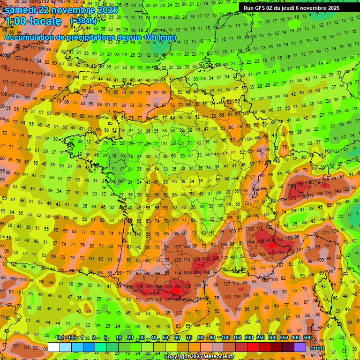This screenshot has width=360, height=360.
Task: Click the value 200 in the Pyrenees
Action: click(178, 286)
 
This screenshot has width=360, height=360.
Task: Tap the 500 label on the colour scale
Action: click(307, 337)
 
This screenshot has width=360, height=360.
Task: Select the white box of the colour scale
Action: click(53, 347)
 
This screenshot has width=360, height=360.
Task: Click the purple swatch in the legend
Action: click(300, 347)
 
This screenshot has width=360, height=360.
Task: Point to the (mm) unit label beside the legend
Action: click(317, 348)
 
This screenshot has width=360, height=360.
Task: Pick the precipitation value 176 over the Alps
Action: click(279, 240)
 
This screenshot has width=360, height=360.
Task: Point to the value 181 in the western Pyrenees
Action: click(150, 287)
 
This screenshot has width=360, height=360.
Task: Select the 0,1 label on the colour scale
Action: click(60, 337)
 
